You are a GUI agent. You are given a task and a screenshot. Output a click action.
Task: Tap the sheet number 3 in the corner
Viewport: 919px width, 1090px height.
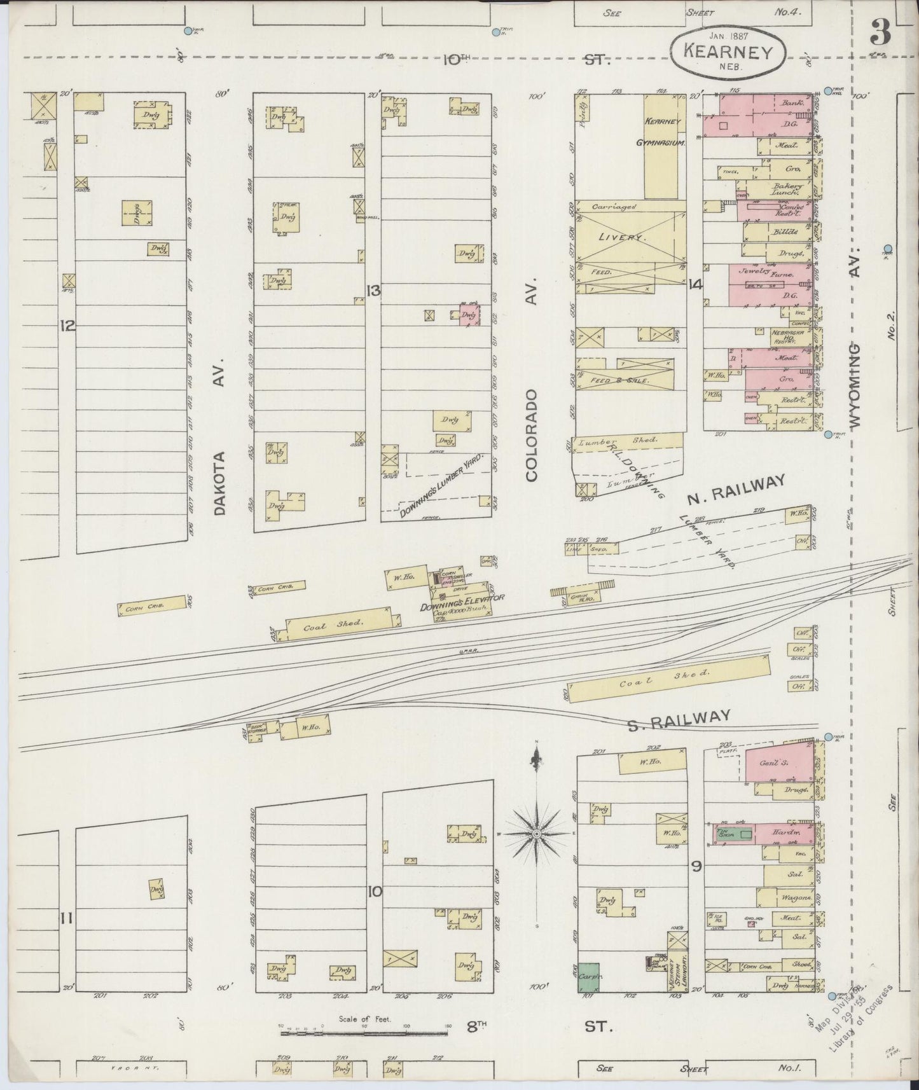pyautogui.click(x=880, y=32)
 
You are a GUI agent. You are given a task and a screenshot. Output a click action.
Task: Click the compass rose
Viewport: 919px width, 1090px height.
pyautogui.click(x=537, y=833)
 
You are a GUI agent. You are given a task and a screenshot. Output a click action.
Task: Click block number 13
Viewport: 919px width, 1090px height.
pyautogui.click(x=373, y=291)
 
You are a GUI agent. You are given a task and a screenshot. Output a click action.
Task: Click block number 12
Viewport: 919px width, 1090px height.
pyautogui.click(x=67, y=326)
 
